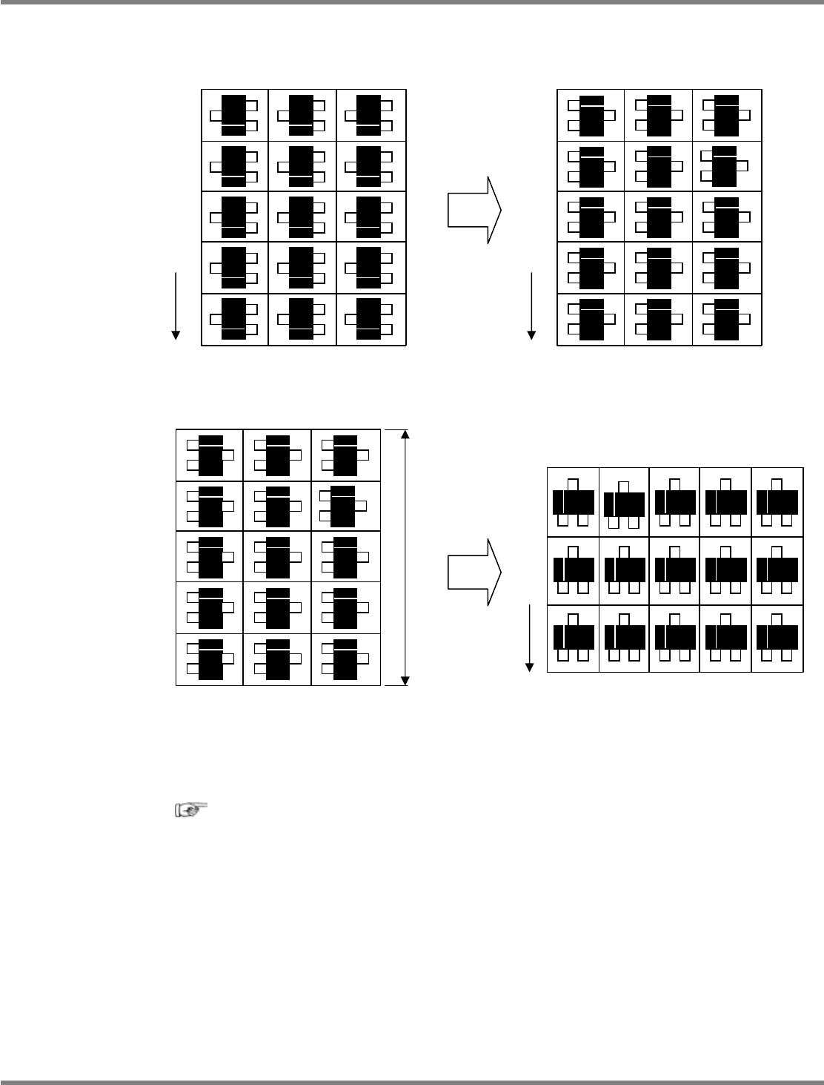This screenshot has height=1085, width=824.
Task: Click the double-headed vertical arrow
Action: (x=405, y=557)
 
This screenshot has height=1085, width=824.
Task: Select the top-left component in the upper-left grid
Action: (x=234, y=115)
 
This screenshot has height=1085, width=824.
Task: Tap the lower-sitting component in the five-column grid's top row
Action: (x=624, y=506)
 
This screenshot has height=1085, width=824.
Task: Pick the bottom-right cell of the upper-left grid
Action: (x=371, y=320)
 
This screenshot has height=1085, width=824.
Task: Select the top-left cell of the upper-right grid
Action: (x=591, y=115)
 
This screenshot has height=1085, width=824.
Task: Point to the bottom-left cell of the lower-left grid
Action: (x=209, y=659)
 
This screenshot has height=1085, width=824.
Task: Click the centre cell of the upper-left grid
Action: (x=302, y=217)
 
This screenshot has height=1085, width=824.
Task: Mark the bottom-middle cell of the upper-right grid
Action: (x=659, y=320)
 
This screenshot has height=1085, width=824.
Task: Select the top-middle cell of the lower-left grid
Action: (x=277, y=455)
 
